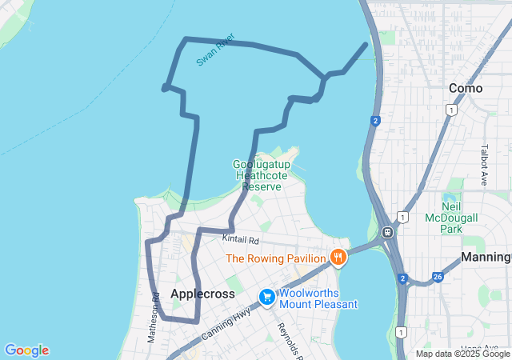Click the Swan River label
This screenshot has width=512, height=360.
point(215,50)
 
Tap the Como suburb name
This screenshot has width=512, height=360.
point(466,88)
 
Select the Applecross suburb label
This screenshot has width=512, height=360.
point(203,294)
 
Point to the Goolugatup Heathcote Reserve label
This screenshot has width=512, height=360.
point(262,175)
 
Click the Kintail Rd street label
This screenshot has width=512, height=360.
point(242,239)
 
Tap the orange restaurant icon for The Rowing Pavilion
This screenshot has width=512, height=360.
point(338,258)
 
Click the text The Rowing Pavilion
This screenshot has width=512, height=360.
point(276,258)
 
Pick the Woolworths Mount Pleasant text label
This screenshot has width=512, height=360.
point(318,298)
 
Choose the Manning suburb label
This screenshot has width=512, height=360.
point(486,258)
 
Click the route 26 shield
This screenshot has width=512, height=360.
point(438,277)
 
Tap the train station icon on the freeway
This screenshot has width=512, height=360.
point(387,233)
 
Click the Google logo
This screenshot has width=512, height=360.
point(26,350)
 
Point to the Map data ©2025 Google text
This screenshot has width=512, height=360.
point(462,354)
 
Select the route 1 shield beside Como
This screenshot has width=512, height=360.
point(452,110)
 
